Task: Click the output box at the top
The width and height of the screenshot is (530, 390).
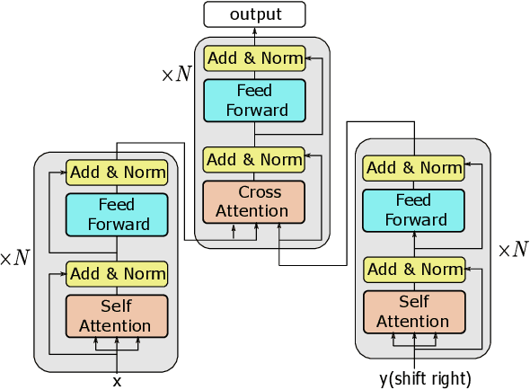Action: tap(254, 13)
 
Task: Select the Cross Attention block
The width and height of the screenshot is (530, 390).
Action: tap(254, 202)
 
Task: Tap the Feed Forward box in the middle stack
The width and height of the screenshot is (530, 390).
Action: tap(254, 101)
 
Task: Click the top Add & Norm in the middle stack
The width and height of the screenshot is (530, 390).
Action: tap(254, 58)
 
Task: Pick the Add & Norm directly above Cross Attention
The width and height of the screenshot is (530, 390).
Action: tap(254, 159)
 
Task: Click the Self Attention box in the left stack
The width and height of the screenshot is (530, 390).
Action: tap(117, 315)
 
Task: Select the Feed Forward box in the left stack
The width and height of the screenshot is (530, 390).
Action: tap(117, 214)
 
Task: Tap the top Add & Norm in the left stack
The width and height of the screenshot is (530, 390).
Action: tap(117, 172)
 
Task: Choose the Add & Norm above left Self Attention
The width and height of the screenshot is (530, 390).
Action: tap(117, 273)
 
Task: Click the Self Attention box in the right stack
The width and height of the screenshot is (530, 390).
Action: tap(414, 312)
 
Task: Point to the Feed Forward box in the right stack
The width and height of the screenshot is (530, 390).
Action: tap(414, 210)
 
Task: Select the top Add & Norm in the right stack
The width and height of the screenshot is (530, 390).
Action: tap(414, 168)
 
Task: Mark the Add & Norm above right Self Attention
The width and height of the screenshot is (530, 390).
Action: tap(414, 269)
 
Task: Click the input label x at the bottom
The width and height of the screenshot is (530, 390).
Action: tap(117, 381)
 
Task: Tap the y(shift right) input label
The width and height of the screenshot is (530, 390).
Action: tap(425, 378)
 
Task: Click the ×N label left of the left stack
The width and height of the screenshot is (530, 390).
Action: tap(14, 259)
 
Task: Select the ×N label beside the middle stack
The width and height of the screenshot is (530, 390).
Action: tap(176, 75)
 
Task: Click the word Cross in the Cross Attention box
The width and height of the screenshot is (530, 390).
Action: tap(260, 192)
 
